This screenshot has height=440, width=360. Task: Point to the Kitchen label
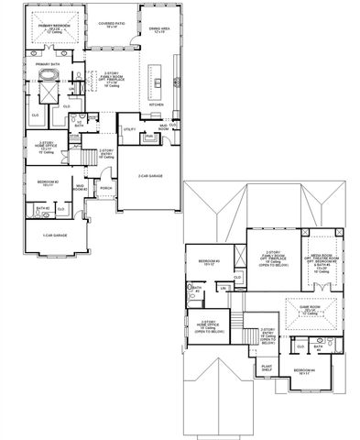157,104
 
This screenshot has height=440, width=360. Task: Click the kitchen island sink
158,82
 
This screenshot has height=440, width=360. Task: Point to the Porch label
106,189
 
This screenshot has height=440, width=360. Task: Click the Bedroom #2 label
49,182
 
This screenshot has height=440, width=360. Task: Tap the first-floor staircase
92,158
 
